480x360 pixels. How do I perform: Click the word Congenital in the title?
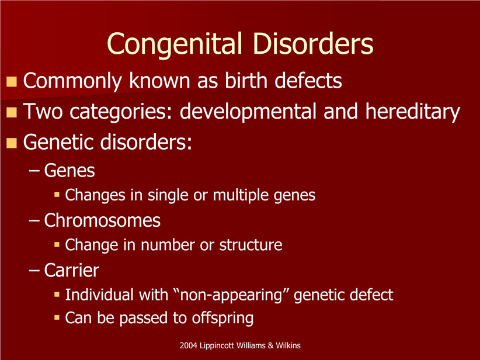[x=174, y=44]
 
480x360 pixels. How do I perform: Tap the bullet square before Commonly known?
[x=12, y=81]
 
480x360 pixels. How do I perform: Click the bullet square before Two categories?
[x=12, y=112]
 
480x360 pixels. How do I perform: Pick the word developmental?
[x=248, y=112]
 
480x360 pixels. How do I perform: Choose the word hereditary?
[x=413, y=112]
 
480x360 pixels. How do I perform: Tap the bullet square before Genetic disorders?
[x=12, y=143]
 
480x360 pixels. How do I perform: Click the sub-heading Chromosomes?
[x=102, y=220]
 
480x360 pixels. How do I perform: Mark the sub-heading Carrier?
[x=72, y=270]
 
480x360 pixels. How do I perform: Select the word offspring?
[x=222, y=319]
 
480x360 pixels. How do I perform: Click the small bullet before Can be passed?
[x=57, y=317]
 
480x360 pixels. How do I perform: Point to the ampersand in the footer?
[x=270, y=345]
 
